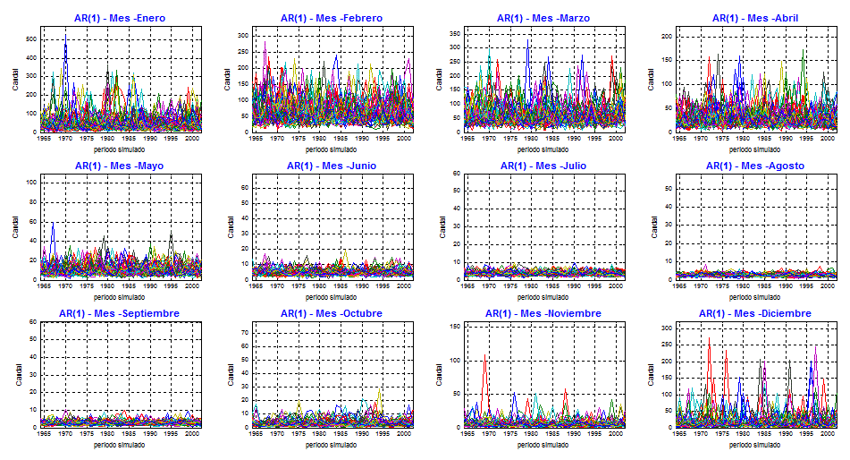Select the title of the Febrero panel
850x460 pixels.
331,18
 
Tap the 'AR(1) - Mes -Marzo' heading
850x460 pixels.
543,18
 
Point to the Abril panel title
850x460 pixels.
756,18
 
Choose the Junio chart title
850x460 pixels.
331,166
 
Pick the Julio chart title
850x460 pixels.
543,166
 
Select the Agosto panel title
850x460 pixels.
756,166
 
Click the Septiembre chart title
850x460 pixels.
119,313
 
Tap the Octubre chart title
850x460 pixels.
331,313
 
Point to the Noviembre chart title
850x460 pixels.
543,313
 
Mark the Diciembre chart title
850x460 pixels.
756,313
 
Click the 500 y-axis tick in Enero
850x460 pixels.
30,39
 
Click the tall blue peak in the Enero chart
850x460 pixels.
65,43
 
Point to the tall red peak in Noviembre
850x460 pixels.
485,356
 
